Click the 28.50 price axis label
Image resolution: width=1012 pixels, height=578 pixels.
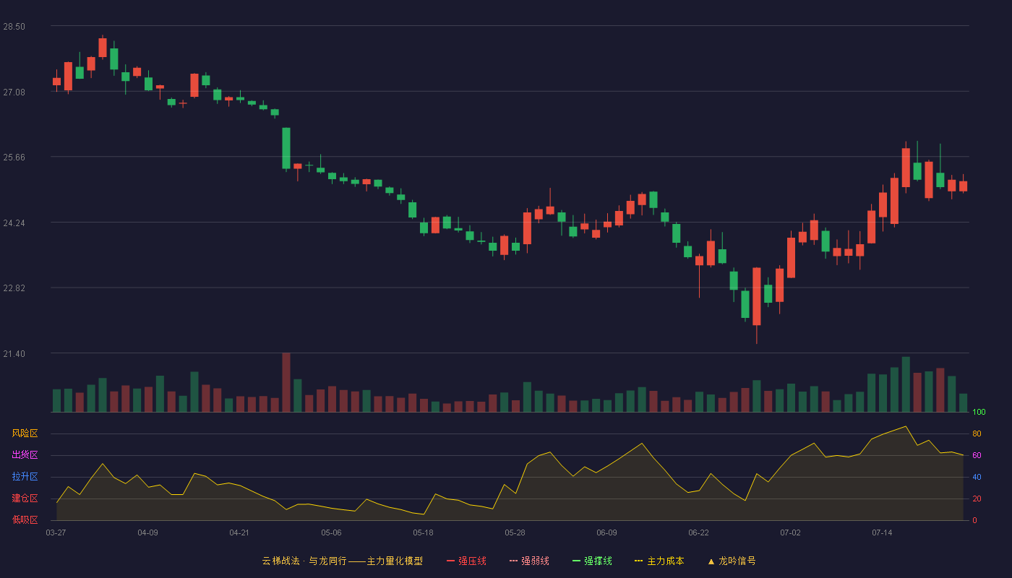[14, 27]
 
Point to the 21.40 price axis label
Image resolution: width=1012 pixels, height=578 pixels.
[14, 354]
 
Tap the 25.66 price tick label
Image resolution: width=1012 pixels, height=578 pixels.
[14, 158]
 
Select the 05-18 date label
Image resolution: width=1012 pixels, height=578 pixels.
[423, 533]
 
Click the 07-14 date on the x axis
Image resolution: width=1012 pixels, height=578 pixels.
[882, 533]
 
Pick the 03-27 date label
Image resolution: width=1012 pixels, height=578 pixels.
[56, 533]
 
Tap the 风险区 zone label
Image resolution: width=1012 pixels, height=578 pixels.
[25, 433]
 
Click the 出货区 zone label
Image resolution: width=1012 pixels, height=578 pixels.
[25, 454]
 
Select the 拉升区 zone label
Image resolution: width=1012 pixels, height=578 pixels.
[25, 476]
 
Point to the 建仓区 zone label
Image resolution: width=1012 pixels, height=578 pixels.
[25, 498]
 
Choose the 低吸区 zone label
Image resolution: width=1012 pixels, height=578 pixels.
[25, 519]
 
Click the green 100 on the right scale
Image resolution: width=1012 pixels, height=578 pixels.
[979, 412]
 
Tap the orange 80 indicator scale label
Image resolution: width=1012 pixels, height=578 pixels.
[977, 433]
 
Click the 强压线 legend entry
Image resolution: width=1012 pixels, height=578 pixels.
[467, 561]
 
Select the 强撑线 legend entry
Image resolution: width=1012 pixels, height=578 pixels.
[592, 561]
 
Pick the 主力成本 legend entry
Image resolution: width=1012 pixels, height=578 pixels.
[659, 561]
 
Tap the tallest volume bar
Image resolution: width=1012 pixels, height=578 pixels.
[286, 382]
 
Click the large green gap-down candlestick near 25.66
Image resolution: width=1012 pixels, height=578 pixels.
[286, 148]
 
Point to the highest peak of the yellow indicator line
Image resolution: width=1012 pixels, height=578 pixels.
[905, 426]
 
